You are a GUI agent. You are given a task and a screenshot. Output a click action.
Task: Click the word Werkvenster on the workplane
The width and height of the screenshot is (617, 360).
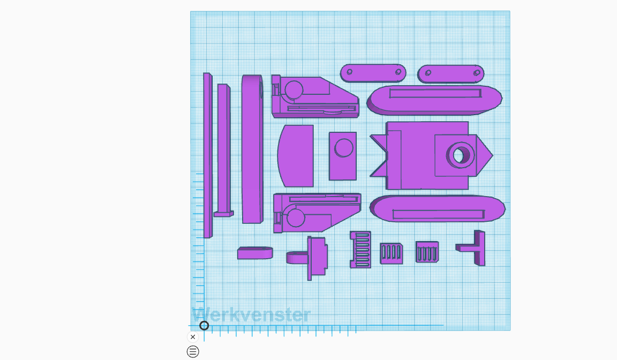click(x=251, y=315)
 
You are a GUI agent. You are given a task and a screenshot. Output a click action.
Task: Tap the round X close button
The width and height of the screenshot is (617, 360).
click(x=193, y=337)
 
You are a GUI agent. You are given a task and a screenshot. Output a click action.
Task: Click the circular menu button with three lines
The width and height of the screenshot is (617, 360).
click(x=193, y=351)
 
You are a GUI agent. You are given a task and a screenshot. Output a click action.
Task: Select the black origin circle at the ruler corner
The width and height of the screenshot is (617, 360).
click(x=204, y=325)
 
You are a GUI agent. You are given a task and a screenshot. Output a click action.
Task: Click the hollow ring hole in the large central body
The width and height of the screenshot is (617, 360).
click(x=460, y=155)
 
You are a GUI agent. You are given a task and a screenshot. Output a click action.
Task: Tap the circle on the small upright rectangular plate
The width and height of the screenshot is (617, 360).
click(x=343, y=148)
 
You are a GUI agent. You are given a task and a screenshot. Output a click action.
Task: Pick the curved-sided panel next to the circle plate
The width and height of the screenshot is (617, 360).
click(x=296, y=156)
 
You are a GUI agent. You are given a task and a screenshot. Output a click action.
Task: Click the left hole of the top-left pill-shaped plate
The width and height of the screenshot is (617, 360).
click(x=349, y=72)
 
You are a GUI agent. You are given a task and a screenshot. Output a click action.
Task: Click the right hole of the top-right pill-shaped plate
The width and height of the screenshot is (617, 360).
click(x=477, y=73)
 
